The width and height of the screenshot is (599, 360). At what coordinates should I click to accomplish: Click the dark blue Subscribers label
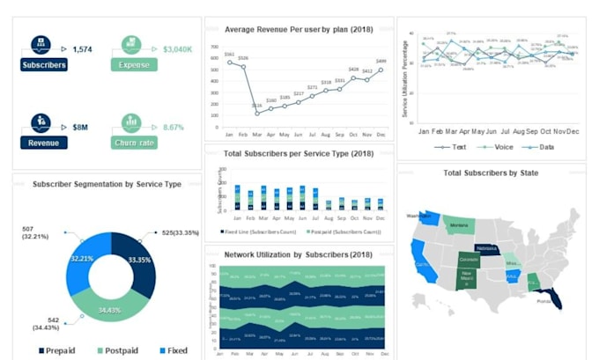tap(44, 64)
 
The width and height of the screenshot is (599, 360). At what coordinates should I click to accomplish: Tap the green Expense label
tap(134, 64)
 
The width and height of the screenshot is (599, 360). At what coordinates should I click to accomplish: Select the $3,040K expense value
tap(178, 49)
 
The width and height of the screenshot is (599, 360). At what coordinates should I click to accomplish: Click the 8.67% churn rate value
tap(174, 127)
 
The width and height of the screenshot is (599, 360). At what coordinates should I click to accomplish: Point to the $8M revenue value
tap(80, 127)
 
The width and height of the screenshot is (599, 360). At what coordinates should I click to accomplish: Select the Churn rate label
tap(134, 143)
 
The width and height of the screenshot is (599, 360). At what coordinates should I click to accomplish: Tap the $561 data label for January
tap(229, 55)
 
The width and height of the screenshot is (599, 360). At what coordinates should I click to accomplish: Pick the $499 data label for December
tap(381, 62)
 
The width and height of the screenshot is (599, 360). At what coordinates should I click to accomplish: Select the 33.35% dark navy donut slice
tap(139, 261)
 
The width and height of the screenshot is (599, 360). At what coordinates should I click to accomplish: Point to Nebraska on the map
tap(486, 250)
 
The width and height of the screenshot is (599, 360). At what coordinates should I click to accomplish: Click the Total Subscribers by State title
tap(491, 173)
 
